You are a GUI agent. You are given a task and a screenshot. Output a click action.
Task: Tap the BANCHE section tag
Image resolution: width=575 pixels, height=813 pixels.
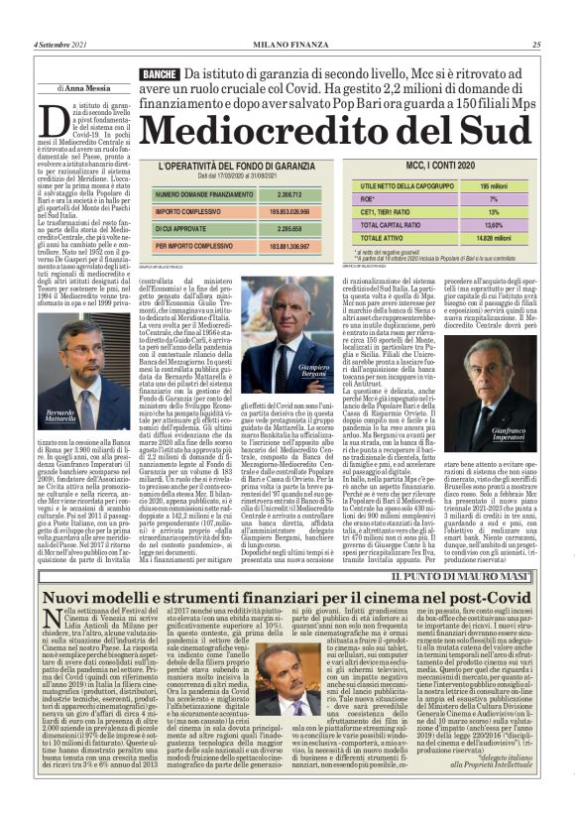[160, 74]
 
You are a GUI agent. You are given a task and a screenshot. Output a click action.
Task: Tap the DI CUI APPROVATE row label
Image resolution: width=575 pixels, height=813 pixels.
[187, 227]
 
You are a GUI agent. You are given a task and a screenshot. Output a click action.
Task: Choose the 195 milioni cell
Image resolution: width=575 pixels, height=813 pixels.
[493, 184]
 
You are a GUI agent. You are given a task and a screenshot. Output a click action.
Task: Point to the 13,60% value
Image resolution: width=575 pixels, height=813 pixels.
[494, 225]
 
